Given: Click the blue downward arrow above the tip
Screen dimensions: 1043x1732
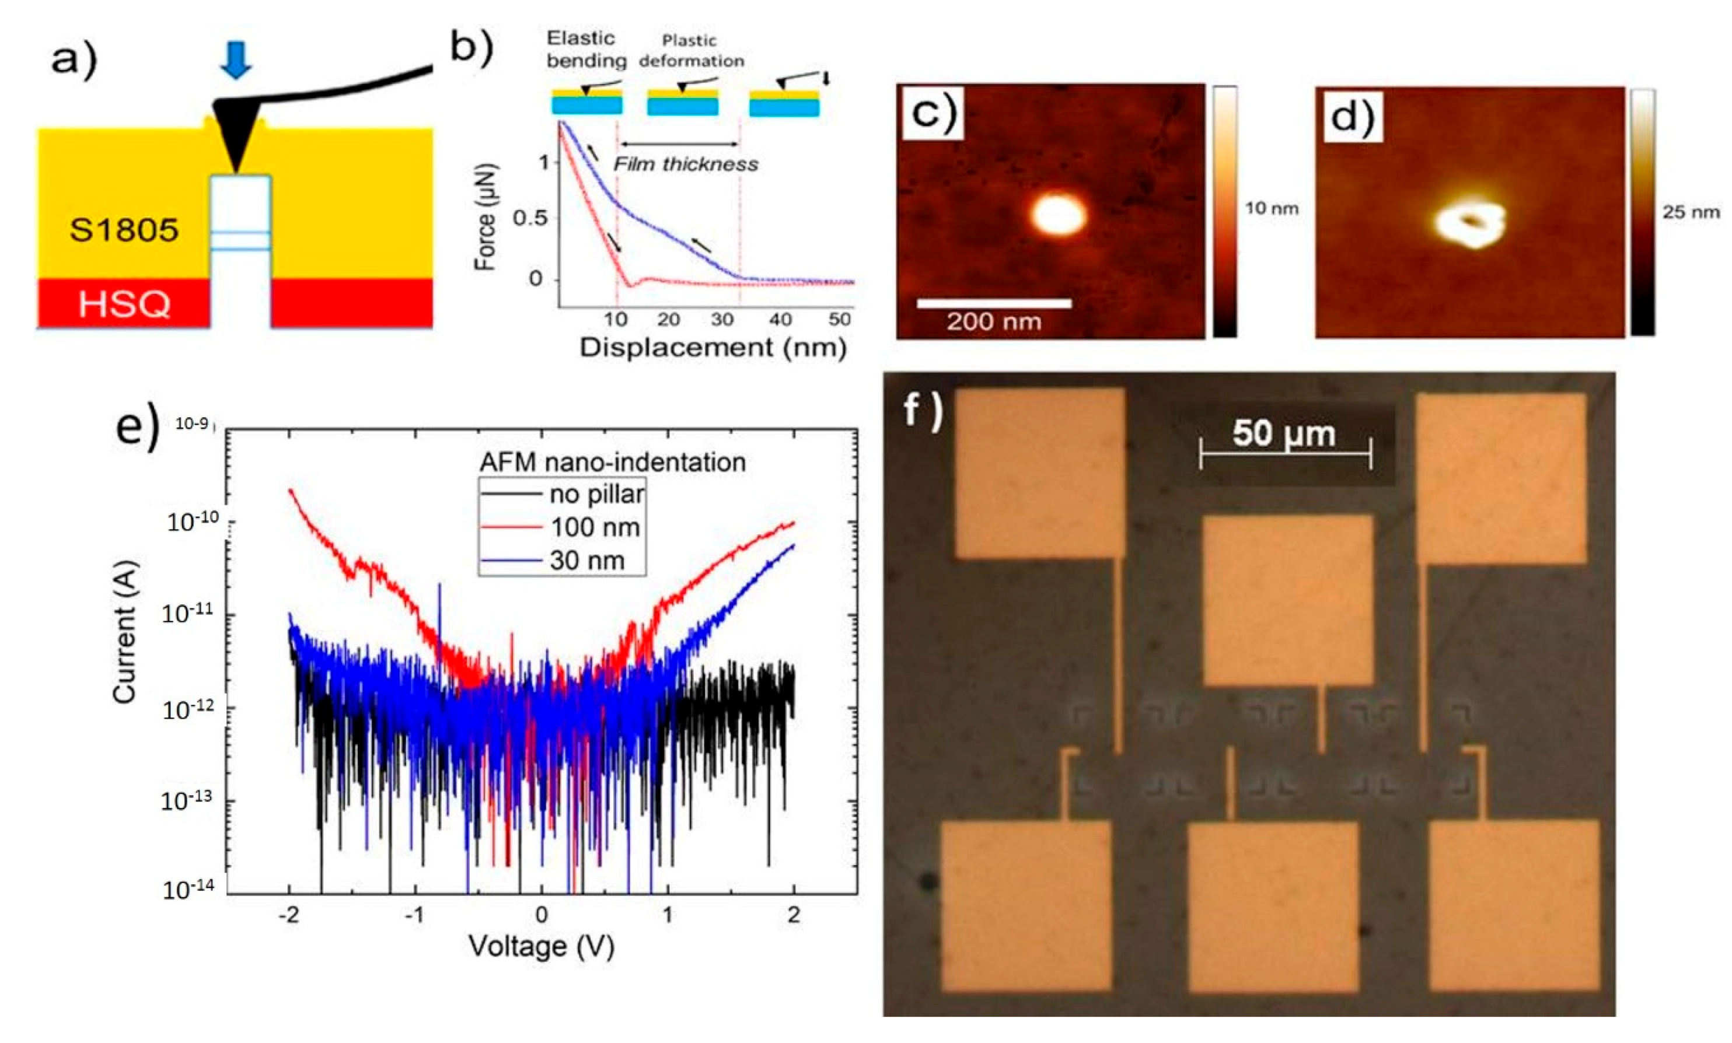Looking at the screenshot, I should (x=236, y=60).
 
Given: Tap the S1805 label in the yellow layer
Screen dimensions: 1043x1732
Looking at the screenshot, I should (x=124, y=230).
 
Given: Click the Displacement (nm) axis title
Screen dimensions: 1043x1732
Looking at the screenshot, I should (x=712, y=348).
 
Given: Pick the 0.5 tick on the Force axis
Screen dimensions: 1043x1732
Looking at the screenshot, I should (x=530, y=218).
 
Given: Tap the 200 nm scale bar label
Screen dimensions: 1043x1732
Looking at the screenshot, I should (x=993, y=323).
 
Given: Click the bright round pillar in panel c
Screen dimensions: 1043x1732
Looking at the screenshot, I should (x=1058, y=214).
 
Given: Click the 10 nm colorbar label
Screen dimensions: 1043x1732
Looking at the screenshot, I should (x=1272, y=208).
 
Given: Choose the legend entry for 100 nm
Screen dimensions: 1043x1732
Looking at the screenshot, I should (x=595, y=527).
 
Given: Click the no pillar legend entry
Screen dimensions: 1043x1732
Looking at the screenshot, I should (x=596, y=494).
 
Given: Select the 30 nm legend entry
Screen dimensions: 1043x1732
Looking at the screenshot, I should (x=587, y=560).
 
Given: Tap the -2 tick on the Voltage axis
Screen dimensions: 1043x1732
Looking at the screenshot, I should (x=288, y=915).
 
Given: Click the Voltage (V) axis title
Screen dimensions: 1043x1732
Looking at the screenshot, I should (x=542, y=947).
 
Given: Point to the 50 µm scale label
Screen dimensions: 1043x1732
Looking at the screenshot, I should (x=1284, y=433).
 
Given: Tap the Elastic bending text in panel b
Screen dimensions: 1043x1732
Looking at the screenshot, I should (x=585, y=49).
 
